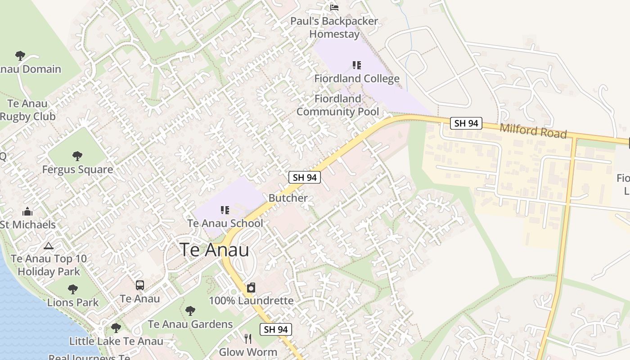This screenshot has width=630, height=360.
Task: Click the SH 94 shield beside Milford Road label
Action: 466,123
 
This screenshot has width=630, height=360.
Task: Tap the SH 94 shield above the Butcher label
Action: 305,177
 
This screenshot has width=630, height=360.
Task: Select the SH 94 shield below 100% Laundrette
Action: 275,329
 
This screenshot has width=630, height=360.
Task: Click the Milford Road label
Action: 533,131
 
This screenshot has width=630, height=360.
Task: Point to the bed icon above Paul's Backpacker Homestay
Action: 334,7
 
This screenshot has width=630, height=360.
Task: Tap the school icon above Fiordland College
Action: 357,65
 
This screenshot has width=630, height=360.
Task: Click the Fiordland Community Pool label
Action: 337,105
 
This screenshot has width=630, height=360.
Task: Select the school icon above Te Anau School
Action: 225,210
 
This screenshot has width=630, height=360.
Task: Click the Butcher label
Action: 288,198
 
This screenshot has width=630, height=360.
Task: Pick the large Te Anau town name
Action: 214,250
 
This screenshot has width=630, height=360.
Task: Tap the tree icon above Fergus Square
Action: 77,156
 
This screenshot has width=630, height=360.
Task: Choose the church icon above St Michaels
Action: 27,211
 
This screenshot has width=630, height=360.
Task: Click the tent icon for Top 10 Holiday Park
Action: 49,246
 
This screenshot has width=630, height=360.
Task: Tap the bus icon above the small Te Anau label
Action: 140,285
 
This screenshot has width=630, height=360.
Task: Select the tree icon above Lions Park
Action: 73,289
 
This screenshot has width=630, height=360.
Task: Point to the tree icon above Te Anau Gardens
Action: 190,310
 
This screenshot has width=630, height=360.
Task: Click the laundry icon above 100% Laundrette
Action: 251,288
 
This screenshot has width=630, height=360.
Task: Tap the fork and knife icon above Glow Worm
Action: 248,339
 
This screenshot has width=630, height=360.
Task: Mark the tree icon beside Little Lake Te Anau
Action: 116,328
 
